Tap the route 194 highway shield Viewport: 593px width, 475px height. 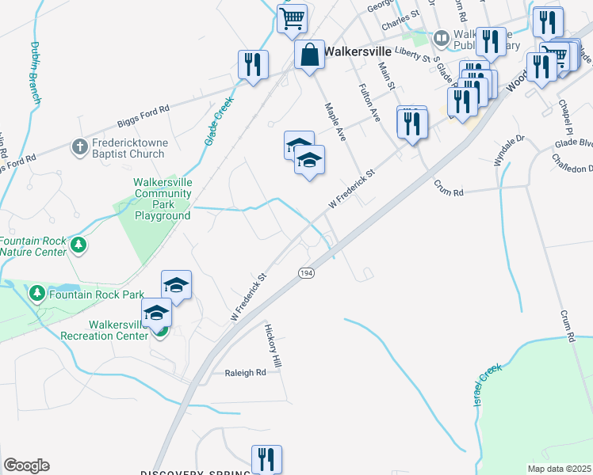tap(305, 272)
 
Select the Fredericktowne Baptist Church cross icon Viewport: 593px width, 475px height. tap(79, 147)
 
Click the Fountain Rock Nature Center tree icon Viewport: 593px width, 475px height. tap(78, 245)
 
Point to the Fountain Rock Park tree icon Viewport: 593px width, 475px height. tap(36, 294)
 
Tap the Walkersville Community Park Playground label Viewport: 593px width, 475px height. tap(162, 199)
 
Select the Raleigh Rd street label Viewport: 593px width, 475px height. tap(245, 373)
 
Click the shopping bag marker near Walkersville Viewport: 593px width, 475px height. tap(309, 56)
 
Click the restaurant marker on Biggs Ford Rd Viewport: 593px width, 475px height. tap(253, 66)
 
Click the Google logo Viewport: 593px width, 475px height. tap(25, 465)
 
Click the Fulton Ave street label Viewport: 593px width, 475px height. tap(369, 101)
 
